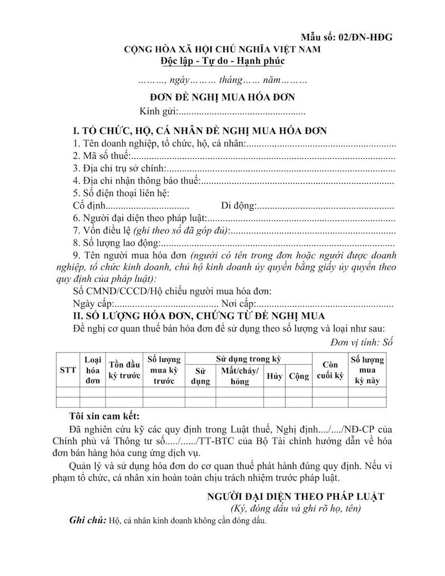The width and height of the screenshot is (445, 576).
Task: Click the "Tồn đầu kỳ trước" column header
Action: [x=124, y=370]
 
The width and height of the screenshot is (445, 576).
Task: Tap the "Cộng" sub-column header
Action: [x=299, y=376]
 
